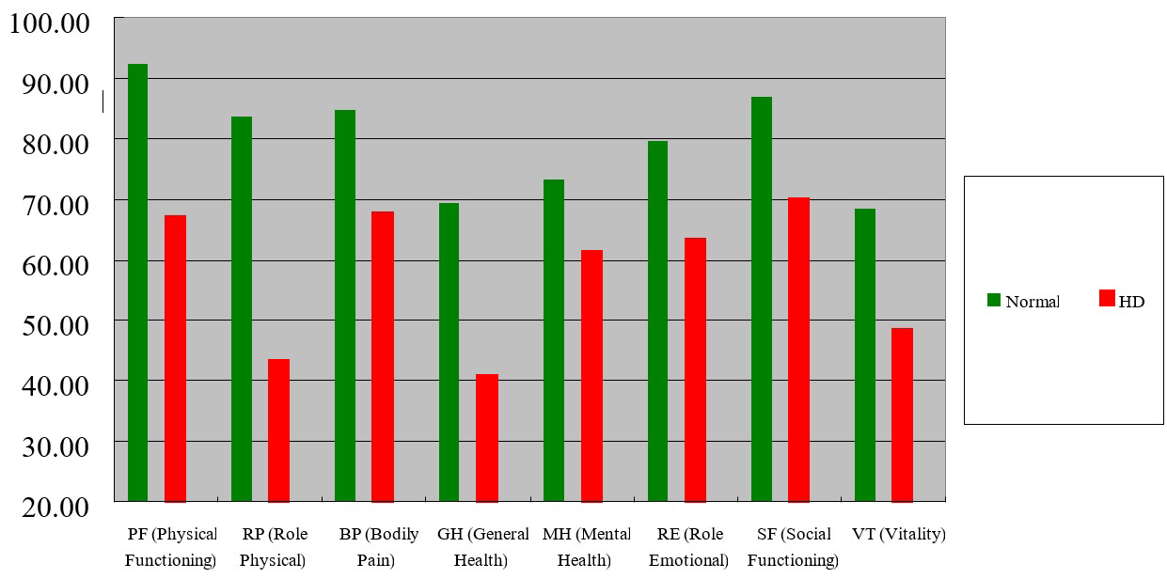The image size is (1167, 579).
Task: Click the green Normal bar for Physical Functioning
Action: point(137,282)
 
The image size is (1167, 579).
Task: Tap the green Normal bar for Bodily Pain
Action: point(345,305)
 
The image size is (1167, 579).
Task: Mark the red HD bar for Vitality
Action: point(902,415)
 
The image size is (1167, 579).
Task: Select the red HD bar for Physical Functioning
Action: point(175,358)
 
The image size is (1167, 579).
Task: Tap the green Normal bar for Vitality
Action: point(865,354)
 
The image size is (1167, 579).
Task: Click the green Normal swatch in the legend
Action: point(994,300)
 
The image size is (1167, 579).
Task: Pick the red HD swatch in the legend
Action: point(1106,300)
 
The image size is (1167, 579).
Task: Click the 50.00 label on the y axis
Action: point(49,323)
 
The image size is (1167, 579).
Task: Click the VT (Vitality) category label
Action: point(898,534)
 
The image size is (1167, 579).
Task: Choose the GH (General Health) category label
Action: point(483,547)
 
